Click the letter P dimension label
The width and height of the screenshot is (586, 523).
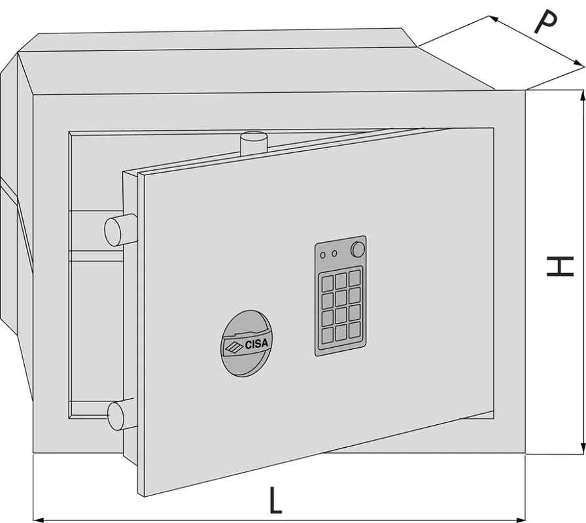click(545, 22)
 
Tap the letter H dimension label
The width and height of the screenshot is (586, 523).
click(560, 266)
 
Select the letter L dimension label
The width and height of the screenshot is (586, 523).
click(275, 499)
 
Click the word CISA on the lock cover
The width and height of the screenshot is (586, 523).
click(256, 344)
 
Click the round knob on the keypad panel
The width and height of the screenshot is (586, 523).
click(358, 249)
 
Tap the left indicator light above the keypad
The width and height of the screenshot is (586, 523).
click(323, 255)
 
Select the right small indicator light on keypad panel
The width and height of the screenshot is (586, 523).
click(334, 254)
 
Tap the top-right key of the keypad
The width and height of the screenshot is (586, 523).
click(354, 278)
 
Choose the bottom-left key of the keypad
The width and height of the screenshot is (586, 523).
click(328, 335)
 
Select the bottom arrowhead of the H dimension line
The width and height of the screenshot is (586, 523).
click(582, 448)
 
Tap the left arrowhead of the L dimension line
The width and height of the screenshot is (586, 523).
click(39, 520)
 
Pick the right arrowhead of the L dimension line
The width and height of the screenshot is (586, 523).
click(521, 520)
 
